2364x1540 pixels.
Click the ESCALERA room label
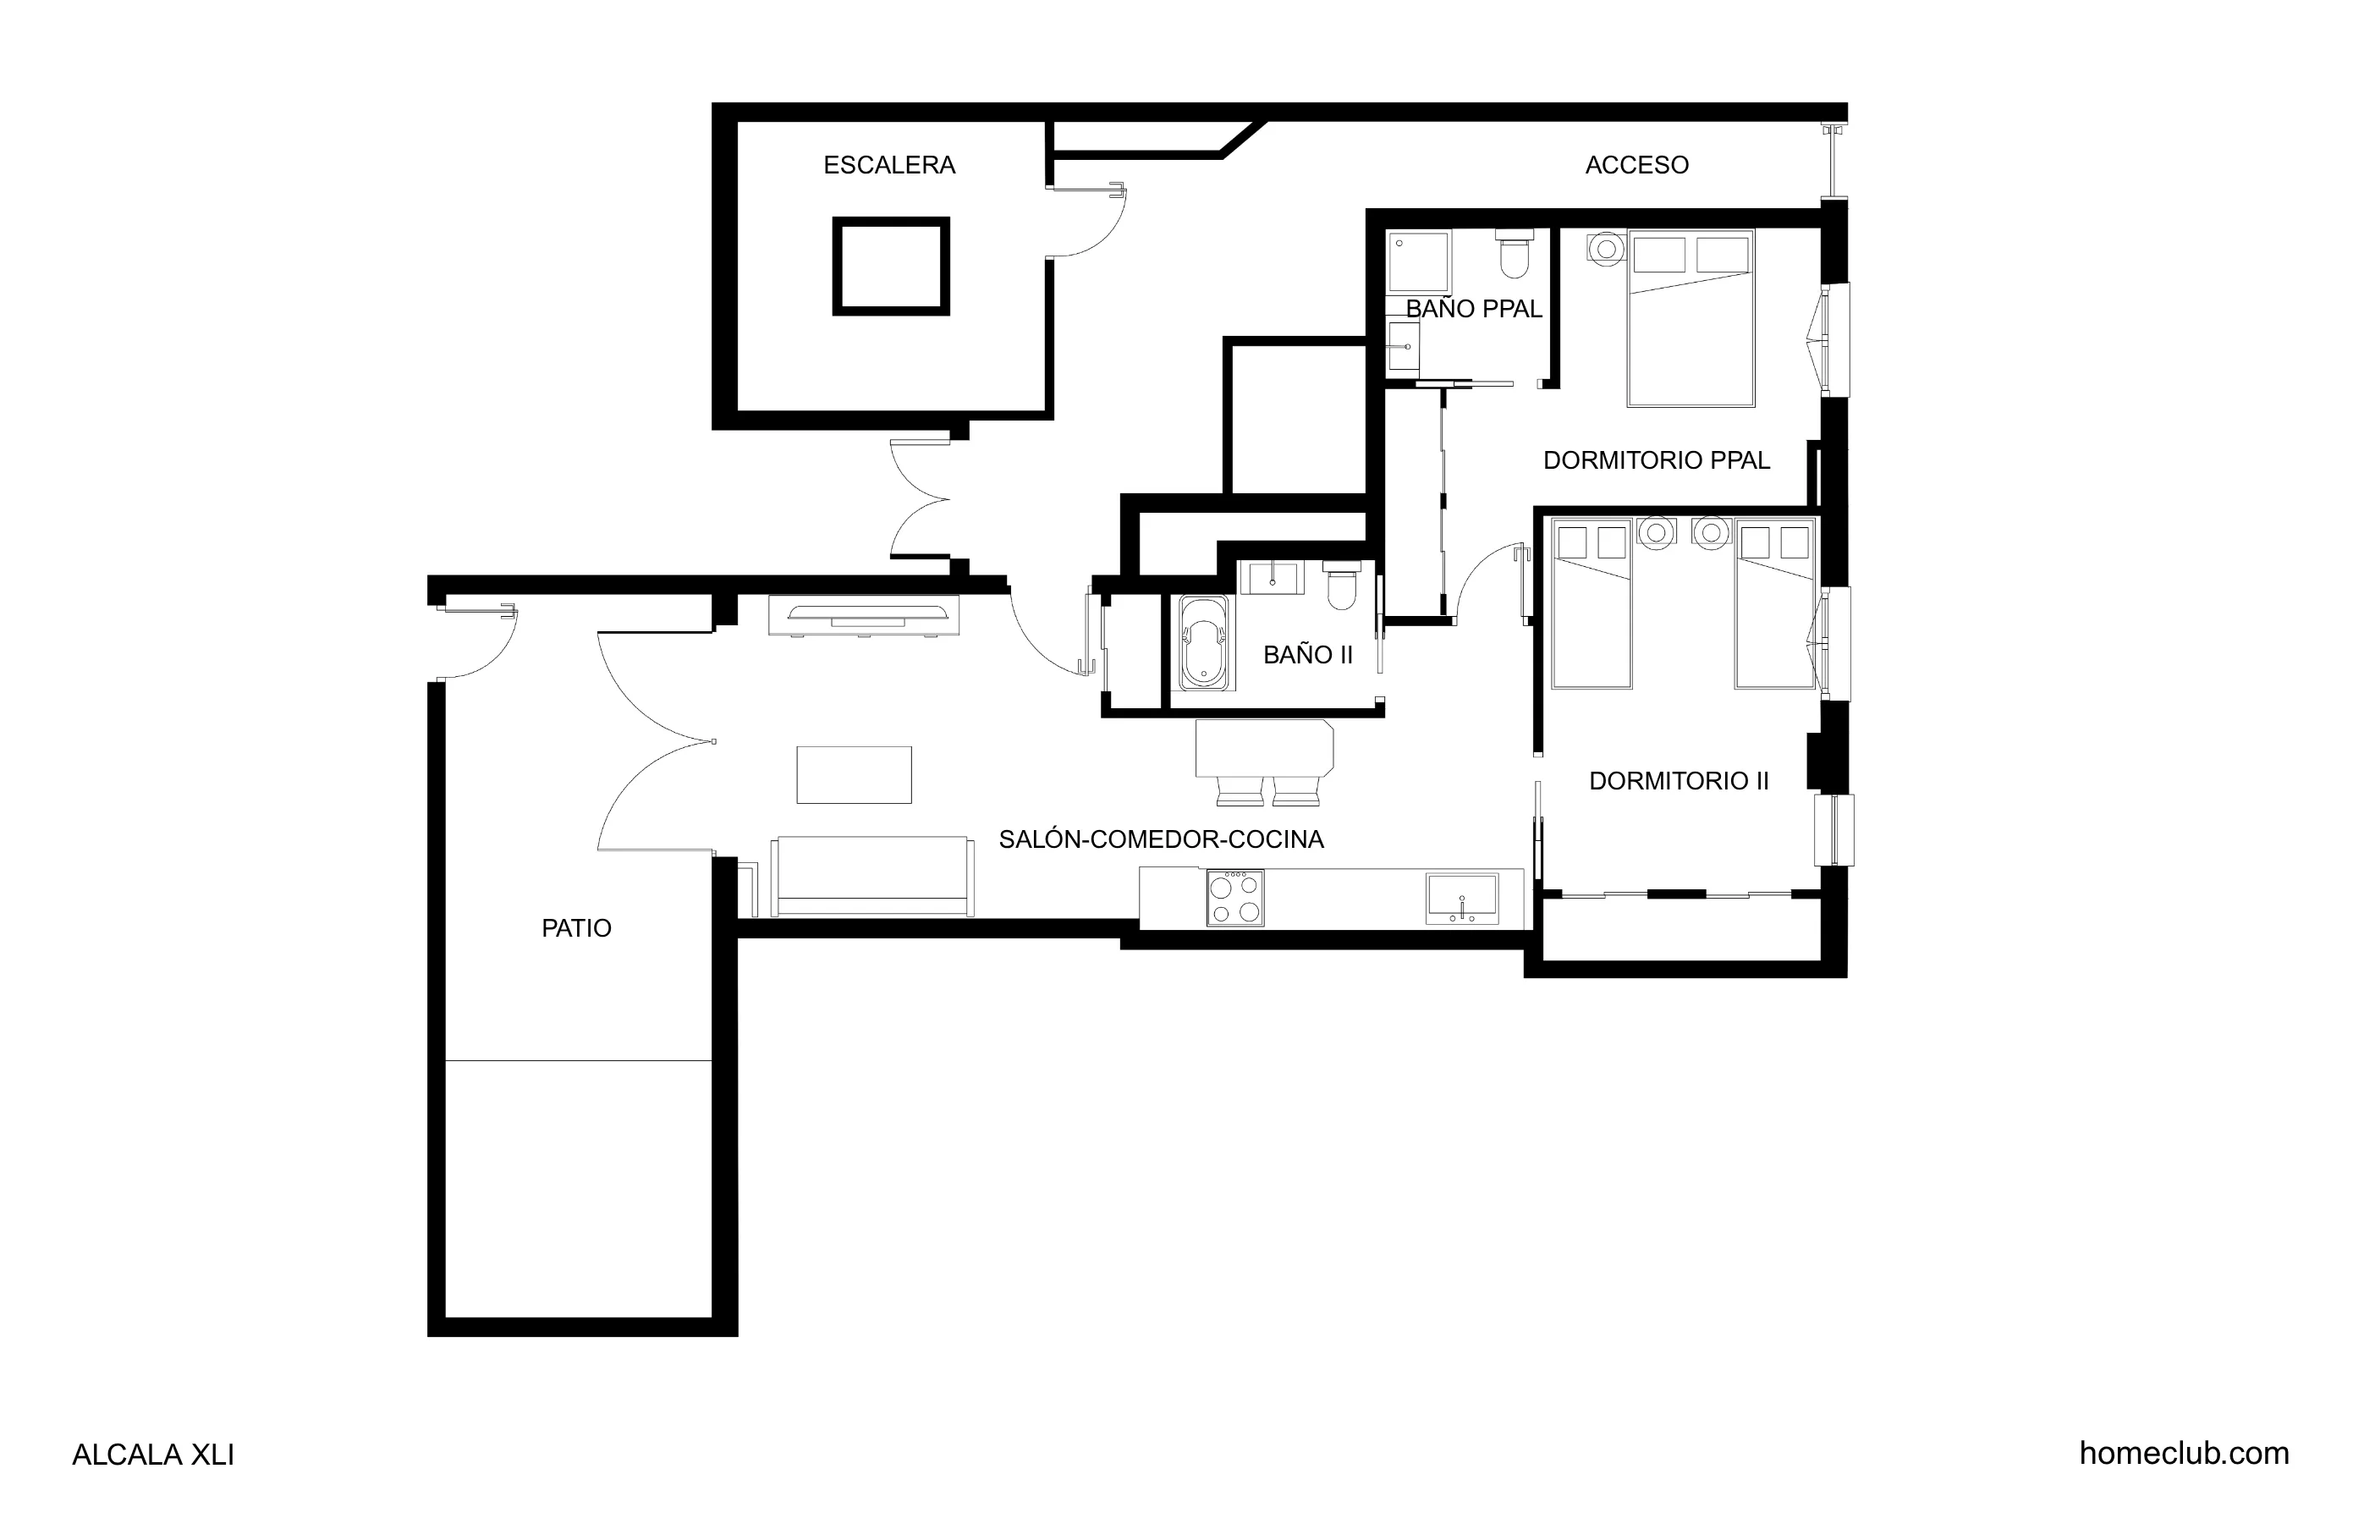(889, 165)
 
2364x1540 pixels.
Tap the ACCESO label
(1636, 165)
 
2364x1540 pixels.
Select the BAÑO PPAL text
(1473, 309)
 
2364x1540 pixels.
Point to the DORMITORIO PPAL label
(1656, 460)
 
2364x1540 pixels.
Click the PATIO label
(576, 928)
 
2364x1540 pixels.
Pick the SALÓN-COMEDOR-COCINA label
(1160, 839)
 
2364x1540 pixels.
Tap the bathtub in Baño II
(1204, 643)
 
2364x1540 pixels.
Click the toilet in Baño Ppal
(1514, 256)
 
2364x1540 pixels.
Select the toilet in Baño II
(1342, 586)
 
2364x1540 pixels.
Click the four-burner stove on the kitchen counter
(1234, 898)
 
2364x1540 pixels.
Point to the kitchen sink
(1461, 898)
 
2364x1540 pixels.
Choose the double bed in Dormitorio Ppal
(1691, 318)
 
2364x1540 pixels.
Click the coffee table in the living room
(853, 775)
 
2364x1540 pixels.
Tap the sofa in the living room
(872, 875)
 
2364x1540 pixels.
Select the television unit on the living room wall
(863, 615)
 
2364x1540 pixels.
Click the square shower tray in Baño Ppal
(1418, 262)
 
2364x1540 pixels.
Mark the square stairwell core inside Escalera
(890, 267)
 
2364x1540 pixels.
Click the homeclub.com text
(2183, 1454)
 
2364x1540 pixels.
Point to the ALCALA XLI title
(153, 1455)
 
